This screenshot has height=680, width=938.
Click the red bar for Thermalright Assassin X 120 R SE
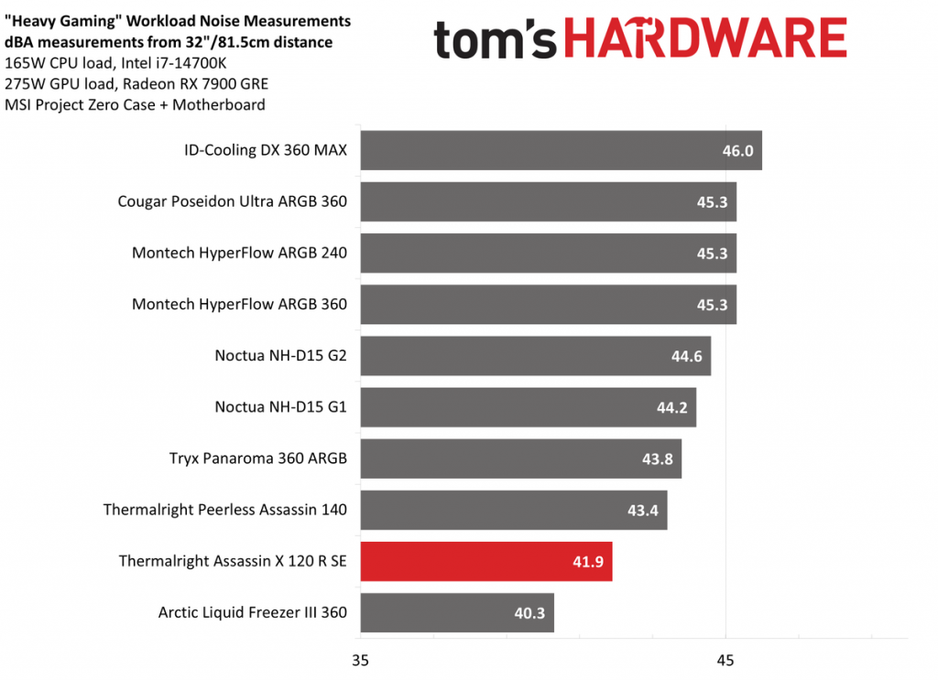[485, 561]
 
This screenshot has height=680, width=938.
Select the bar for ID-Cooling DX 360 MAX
[561, 150]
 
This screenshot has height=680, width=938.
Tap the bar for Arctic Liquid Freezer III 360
[456, 612]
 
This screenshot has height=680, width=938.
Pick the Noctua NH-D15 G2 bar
[535, 356]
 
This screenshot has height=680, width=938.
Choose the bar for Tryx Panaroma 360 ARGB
[520, 459]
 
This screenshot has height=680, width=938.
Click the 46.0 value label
[737, 150]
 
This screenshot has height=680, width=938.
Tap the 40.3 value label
[529, 612]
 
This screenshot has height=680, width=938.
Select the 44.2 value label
[672, 407]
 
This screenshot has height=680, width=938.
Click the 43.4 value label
[643, 510]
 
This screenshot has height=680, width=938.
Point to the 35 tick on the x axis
[361, 659]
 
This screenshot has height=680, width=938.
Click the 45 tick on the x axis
[725, 659]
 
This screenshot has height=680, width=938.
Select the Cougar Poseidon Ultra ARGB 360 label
[233, 201]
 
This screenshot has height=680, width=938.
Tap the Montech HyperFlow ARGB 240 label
[239, 253]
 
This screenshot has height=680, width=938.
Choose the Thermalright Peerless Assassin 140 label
[225, 510]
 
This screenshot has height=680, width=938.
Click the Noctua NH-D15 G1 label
[280, 407]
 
